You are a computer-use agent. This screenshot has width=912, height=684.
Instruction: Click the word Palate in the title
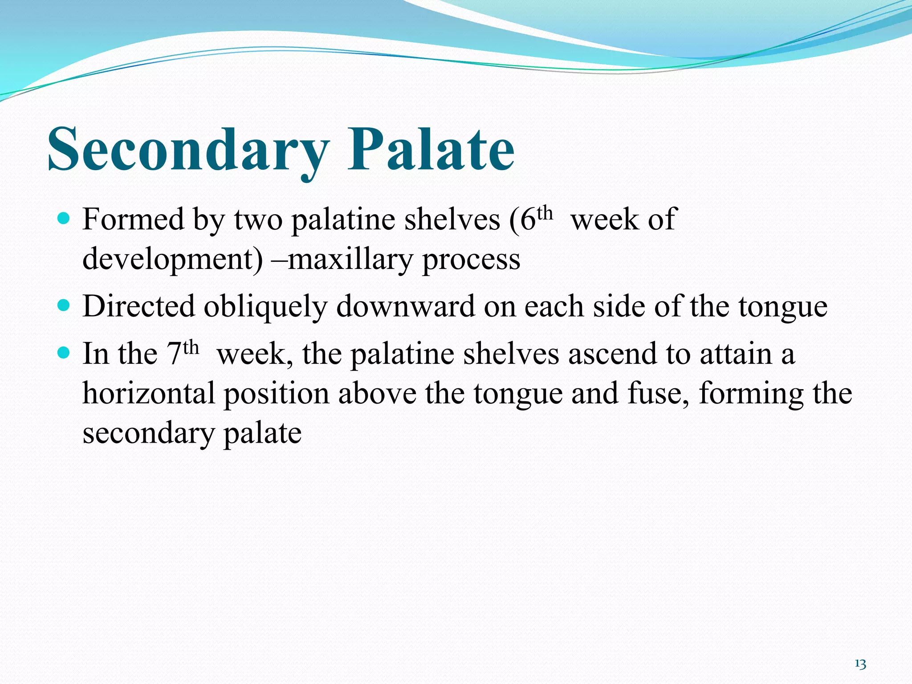pyautogui.click(x=431, y=149)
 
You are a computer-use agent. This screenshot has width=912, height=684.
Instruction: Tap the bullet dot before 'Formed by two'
pyautogui.click(x=65, y=219)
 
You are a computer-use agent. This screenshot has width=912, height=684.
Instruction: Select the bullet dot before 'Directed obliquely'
pyautogui.click(x=65, y=306)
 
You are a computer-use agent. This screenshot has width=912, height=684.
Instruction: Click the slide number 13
pyautogui.click(x=860, y=664)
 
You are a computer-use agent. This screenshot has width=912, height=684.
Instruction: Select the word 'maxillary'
pyautogui.click(x=350, y=259)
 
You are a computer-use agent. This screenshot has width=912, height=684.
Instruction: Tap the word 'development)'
pyautogui.click(x=173, y=259)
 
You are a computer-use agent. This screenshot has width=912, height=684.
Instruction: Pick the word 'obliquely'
pyautogui.click(x=265, y=307)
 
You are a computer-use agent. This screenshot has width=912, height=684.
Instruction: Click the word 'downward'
pyautogui.click(x=406, y=306)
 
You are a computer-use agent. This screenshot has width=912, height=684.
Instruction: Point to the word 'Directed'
pyautogui.click(x=139, y=306)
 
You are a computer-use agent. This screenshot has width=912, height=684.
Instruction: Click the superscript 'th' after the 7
pyautogui.click(x=191, y=347)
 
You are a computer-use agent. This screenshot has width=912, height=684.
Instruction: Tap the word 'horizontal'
pyautogui.click(x=149, y=394)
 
